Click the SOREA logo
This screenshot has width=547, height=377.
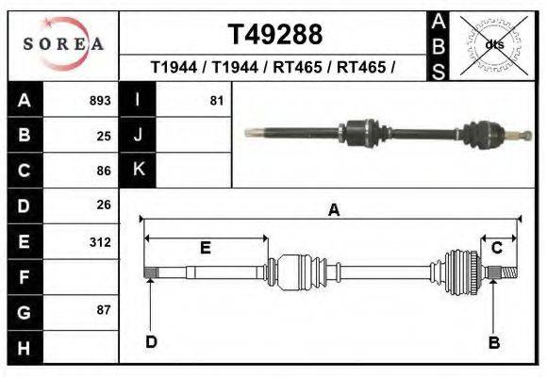pyautogui.click(x=62, y=43)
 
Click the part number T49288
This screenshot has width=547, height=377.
pyautogui.click(x=275, y=34)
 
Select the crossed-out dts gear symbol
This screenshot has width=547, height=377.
pyautogui.click(x=493, y=44)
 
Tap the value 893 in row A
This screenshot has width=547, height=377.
pyautogui.click(x=100, y=100)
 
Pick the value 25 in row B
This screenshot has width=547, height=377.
pyautogui.click(x=104, y=135)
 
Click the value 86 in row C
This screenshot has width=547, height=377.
pyautogui.click(x=104, y=171)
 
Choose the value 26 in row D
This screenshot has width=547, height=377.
pyautogui.click(x=104, y=205)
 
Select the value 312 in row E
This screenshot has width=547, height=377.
pyautogui.click(x=100, y=241)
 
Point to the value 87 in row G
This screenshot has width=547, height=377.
pyautogui.click(x=104, y=310)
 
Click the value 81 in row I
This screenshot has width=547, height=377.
pyautogui.click(x=217, y=100)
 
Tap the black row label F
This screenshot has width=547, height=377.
pyautogui.click(x=24, y=277)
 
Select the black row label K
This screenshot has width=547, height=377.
pyautogui.click(x=138, y=170)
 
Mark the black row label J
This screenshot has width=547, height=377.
pyautogui.click(x=138, y=135)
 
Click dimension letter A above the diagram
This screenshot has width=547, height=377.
pyautogui.click(x=333, y=211)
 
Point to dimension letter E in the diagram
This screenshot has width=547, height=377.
pyautogui.click(x=205, y=248)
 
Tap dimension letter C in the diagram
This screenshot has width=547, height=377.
pyautogui.click(x=496, y=248)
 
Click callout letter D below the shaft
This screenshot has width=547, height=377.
pyautogui.click(x=151, y=341)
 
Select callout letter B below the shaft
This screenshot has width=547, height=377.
pyautogui.click(x=493, y=342)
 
